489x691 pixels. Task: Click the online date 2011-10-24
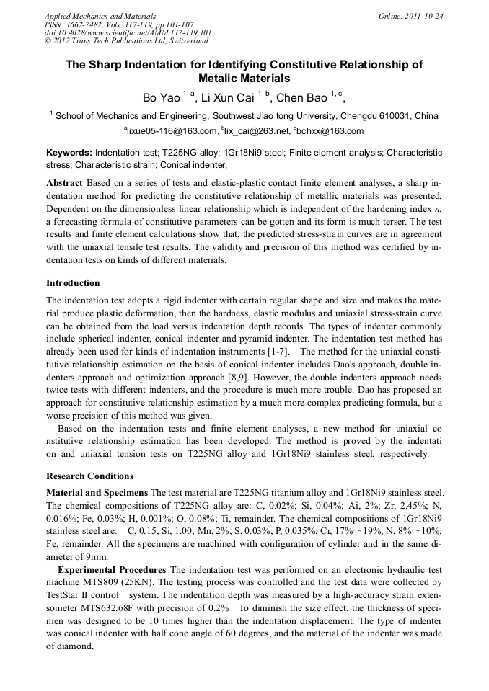coord(421,15)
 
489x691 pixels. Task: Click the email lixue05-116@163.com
coord(173,131)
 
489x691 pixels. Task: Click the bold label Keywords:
coord(69,153)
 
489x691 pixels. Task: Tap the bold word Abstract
coord(64,183)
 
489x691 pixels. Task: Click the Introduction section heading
coord(73,283)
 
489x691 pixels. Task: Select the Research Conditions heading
coord(89,476)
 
